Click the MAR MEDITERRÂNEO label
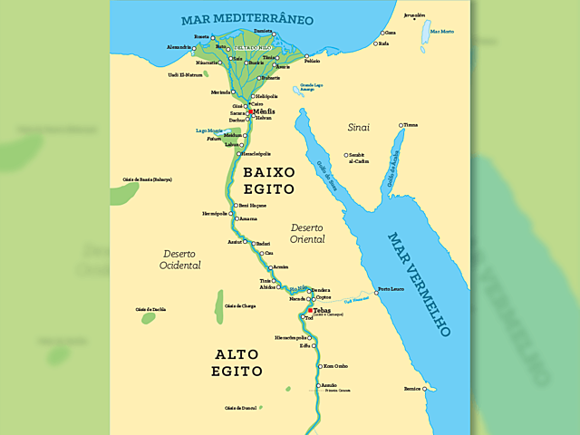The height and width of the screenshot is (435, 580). point(246,18)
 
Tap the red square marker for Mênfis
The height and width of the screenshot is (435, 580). point(250,111)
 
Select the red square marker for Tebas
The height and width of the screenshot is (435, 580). point(310,310)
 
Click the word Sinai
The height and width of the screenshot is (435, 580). point(359,128)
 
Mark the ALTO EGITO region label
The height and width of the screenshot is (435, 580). point(237,362)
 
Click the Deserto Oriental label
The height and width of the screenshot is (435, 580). point(307,232)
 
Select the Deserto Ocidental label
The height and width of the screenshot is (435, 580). point(179,259)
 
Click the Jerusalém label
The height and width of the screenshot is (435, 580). point(413,15)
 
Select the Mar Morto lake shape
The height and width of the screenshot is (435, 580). point(424,34)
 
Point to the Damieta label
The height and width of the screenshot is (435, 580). point(264,31)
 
